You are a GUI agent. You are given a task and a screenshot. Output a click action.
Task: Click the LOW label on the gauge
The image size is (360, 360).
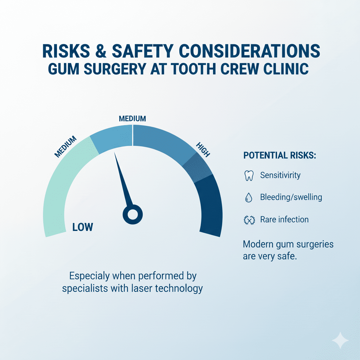pyautogui.click(x=83, y=227)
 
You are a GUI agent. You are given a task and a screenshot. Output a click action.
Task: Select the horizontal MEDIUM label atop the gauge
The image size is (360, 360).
pyautogui.click(x=132, y=119)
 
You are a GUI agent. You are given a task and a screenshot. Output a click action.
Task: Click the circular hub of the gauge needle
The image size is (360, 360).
pyautogui.click(x=133, y=214)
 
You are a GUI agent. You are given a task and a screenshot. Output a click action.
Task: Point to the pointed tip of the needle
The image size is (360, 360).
pyautogui.click(x=115, y=153)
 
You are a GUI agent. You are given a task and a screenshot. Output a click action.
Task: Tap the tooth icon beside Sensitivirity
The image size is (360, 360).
pyautogui.click(x=249, y=175)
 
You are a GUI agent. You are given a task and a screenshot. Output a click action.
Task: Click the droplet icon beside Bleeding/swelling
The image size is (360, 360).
pyautogui.click(x=249, y=198)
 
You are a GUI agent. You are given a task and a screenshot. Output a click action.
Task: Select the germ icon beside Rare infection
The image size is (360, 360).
pyautogui.click(x=249, y=220)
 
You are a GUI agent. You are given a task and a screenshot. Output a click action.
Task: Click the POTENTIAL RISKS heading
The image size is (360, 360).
pyautogui.click(x=279, y=155)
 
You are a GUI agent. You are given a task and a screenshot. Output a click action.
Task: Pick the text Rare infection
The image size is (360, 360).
pyautogui.click(x=284, y=220)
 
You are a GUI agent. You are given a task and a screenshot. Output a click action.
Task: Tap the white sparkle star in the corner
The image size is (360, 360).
pyautogui.click(x=340, y=340)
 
